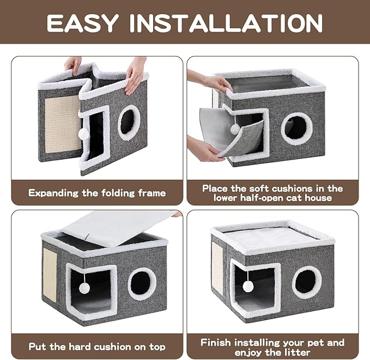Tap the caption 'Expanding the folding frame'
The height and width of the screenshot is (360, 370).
tap(97, 193)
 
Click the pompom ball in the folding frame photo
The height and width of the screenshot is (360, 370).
tap(83, 133)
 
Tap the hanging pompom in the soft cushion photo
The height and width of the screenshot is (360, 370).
tap(234, 129)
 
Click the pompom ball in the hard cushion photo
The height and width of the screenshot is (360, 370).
tap(85, 287)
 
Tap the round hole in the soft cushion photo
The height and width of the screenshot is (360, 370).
tap(296, 128)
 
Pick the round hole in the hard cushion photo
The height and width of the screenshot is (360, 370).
tap(142, 284)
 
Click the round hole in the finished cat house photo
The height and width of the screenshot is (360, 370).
tap(306, 282)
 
